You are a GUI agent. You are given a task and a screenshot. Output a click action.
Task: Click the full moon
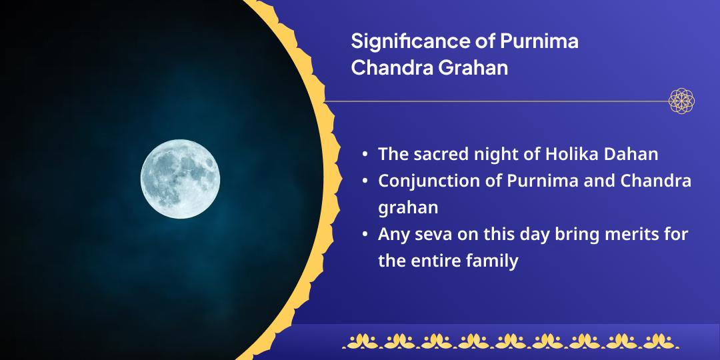pos(180,179)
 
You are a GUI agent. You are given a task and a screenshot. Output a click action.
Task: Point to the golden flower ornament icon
pos(681,101)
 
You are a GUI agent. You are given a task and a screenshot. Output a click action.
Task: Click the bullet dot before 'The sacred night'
pos(364,155)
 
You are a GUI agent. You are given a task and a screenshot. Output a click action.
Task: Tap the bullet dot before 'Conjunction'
pos(364,181)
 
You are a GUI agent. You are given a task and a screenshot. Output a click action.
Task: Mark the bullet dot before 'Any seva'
pos(364,235)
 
